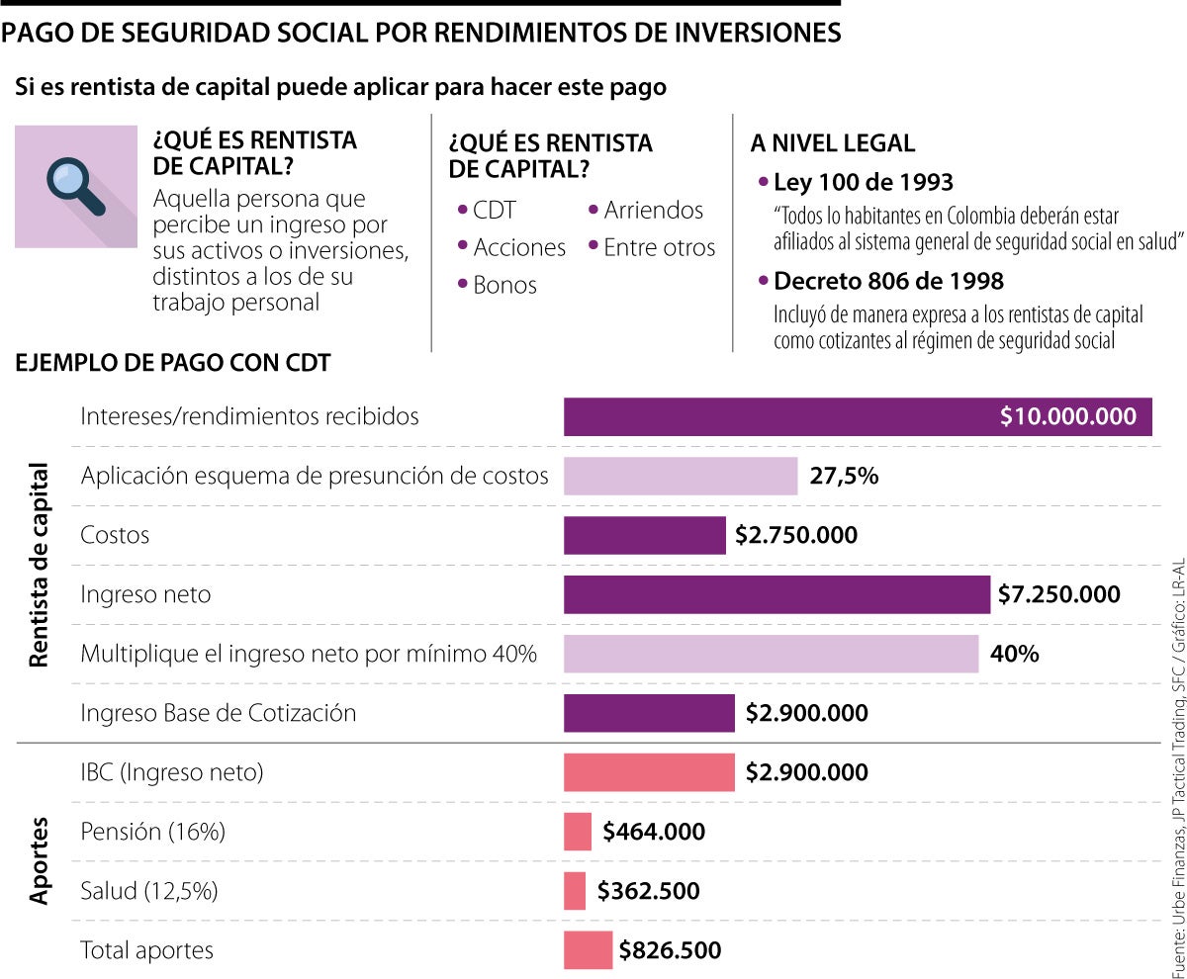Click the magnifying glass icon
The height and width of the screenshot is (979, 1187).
76,186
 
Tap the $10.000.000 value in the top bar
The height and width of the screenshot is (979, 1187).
1068,416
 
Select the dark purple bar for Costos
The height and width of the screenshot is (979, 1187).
645,535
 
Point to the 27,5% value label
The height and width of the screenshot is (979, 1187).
844,476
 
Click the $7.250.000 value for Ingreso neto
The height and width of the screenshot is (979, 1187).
1058,594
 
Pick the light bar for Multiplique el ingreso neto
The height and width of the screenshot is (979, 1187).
771,654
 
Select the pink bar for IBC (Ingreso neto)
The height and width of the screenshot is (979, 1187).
649,772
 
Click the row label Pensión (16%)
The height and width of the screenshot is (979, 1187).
152,832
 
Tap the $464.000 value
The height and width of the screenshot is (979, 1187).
654,832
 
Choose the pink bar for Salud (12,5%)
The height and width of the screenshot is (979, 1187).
575,891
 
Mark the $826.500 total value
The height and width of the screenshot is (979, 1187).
670,950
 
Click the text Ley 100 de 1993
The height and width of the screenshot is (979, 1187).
863,183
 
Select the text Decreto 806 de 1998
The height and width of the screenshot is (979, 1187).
888,282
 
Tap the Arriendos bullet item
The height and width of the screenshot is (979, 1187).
653,211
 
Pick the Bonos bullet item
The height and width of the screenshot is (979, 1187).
504,286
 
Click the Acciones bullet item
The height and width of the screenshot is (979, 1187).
518,248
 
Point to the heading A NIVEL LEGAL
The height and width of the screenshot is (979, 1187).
833,142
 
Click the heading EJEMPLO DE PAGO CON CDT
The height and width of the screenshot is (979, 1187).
172,363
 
